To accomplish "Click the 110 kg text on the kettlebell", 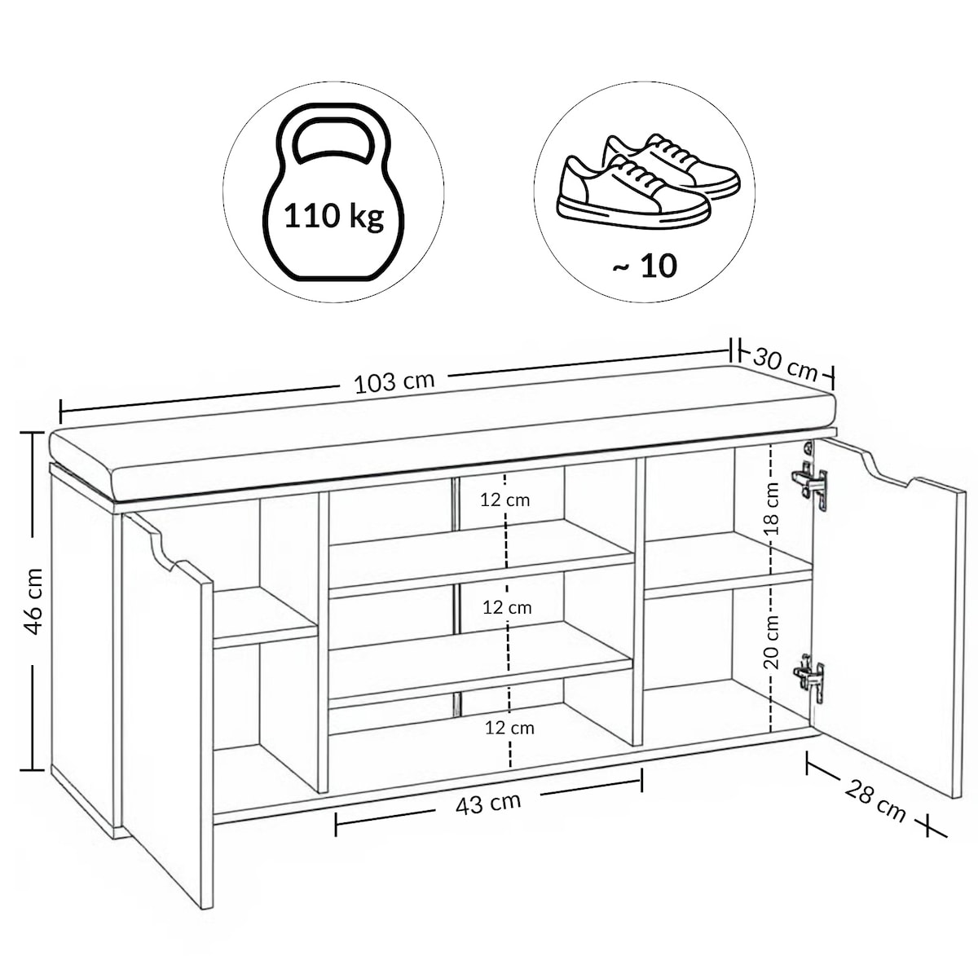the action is [x=333, y=216].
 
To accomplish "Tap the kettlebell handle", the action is [x=334, y=121].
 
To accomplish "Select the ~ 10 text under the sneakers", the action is [x=644, y=266].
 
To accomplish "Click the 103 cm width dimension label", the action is [x=394, y=382].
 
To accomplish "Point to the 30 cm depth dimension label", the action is [x=786, y=363].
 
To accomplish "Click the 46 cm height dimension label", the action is [x=34, y=601].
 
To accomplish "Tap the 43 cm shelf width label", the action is [x=487, y=804].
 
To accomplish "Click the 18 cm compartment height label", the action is [x=772, y=509].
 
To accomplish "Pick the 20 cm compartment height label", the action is [x=772, y=641].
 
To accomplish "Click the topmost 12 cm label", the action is [x=505, y=500].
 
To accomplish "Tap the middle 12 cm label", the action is [x=507, y=607].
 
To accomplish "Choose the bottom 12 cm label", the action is [x=509, y=729].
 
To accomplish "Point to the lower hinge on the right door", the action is [x=810, y=679].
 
